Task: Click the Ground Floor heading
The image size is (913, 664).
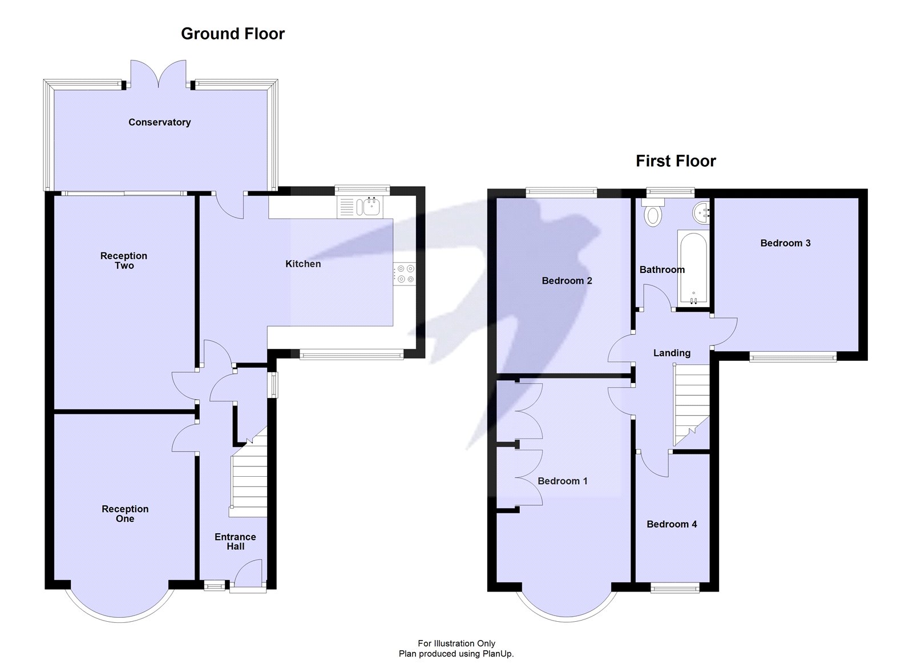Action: pos(233,34)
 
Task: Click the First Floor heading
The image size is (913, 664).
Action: pos(676,161)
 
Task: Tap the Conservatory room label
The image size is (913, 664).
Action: pos(159,122)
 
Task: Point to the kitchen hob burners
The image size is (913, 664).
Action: pos(405,273)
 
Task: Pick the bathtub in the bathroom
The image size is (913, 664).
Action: pos(693,268)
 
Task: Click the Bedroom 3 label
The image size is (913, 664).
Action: pos(785,243)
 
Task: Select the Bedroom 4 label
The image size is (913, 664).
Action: pos(672,524)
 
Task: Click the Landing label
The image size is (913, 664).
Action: pos(672,353)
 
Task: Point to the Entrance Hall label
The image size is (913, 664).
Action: pos(235,542)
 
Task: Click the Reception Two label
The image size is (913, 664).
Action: pos(124,260)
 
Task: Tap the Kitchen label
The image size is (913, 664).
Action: pos(303,264)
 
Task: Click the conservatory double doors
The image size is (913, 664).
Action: pos(159,74)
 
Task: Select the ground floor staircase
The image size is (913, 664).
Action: pos(248,473)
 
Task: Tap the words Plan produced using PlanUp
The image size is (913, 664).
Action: pos(456,654)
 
